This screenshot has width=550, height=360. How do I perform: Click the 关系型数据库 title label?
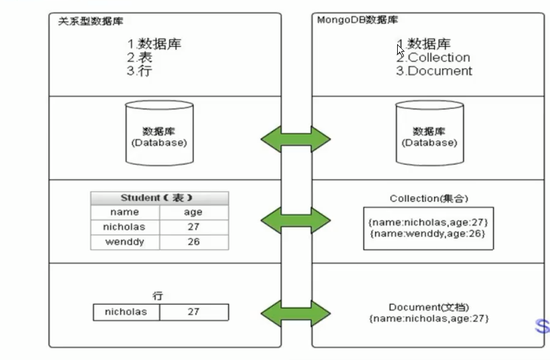tap(90, 21)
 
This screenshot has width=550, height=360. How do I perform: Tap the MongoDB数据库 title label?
tap(357, 20)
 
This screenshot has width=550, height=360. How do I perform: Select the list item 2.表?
tap(139, 57)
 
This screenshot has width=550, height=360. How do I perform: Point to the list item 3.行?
tap(139, 71)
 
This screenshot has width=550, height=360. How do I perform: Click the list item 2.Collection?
tap(433, 57)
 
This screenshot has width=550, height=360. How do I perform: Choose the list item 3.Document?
tap(434, 71)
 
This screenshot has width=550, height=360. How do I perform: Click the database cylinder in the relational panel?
tap(159, 133)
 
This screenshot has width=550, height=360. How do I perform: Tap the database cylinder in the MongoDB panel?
tap(430, 133)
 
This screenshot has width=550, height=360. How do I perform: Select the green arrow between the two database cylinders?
tap(296, 139)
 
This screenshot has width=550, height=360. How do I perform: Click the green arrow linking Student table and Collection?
tap(296, 220)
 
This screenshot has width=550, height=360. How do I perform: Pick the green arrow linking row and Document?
tap(296, 313)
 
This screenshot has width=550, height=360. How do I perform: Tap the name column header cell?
tap(125, 213)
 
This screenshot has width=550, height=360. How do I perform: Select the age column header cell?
tap(193, 213)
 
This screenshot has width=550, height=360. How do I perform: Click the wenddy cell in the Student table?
tap(125, 242)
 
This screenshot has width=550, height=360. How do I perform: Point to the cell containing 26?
tap(193, 242)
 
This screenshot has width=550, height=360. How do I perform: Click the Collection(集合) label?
tap(429, 198)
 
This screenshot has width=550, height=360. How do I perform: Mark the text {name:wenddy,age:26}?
tap(428, 233)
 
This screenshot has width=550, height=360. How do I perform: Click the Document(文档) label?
tap(429, 307)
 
